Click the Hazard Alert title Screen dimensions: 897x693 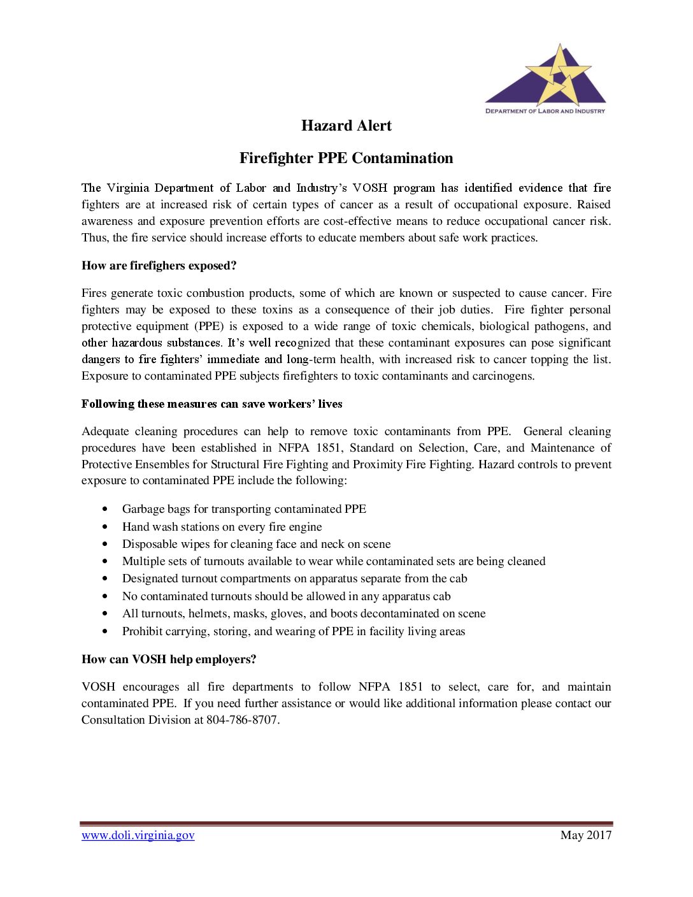tap(346, 126)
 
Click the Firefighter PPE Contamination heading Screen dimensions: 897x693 tap(346, 158)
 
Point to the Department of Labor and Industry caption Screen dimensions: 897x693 tap(545, 111)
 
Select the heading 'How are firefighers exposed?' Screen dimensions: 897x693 tap(159, 266)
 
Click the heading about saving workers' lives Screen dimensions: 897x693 tap(212, 404)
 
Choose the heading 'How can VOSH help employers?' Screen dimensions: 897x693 tap(169, 659)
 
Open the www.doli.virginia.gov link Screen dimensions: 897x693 tap(138, 835)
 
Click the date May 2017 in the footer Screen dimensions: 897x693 tap(586, 835)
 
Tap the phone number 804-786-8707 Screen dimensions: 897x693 tap(242, 720)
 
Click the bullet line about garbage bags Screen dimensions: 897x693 tap(244, 509)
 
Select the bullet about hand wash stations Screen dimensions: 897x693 tap(222, 527)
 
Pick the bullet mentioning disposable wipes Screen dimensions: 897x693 tap(256, 544)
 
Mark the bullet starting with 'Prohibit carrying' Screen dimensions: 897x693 tap(294, 631)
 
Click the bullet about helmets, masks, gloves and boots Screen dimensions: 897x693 tap(304, 614)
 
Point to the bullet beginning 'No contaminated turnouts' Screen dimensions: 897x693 tap(286, 596)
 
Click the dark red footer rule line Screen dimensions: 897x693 tap(346, 824)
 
